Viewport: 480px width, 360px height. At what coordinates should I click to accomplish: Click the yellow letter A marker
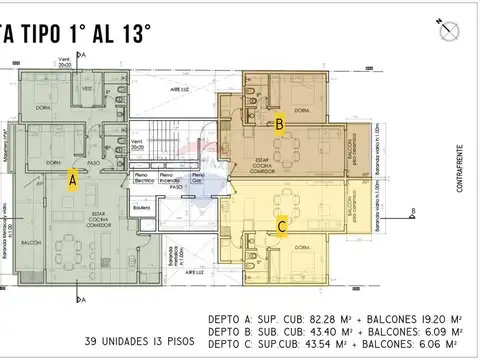point(72,180)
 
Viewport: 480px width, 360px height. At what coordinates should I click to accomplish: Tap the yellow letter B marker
point(281,125)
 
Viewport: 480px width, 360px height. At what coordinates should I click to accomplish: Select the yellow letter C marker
point(282,227)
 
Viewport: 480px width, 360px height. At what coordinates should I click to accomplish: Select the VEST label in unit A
point(87,89)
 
